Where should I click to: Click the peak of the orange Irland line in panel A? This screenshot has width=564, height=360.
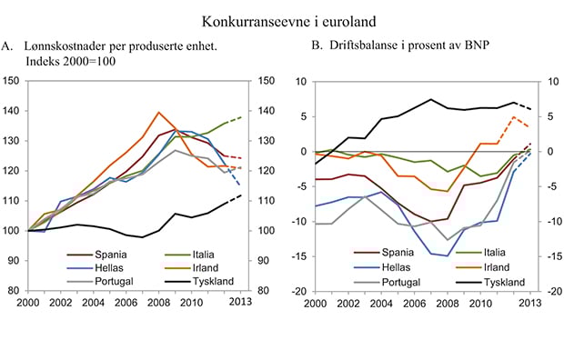(159, 113)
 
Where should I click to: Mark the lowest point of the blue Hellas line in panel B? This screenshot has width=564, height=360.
(448, 256)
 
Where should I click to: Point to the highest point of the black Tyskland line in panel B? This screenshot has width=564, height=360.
(431, 99)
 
